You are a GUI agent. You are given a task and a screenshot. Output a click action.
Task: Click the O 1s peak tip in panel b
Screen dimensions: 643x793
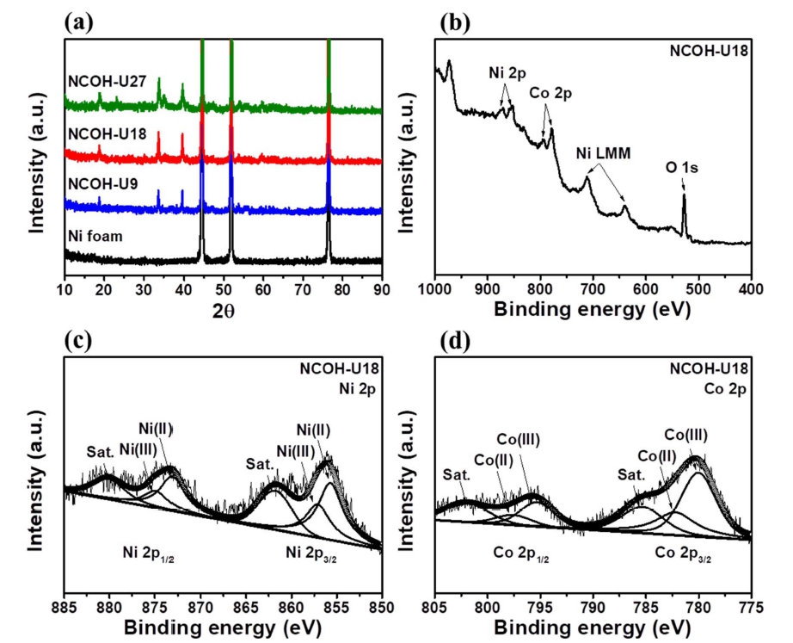684,195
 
